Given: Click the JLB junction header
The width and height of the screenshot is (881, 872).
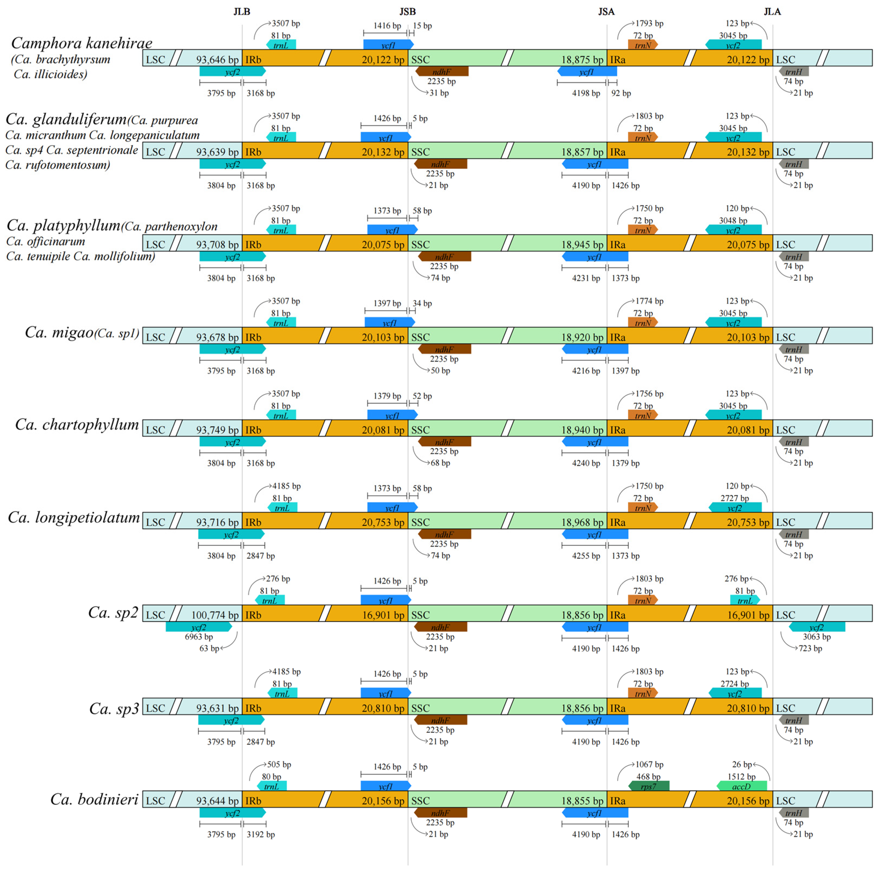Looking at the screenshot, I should (242, 11).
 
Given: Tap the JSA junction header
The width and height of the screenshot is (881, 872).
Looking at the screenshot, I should (606, 11).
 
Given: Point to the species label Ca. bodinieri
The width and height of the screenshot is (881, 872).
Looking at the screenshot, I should (94, 799).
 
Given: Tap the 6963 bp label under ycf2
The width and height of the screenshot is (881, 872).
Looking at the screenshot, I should (199, 637).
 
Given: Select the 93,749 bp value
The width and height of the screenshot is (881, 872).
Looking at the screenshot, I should (217, 430).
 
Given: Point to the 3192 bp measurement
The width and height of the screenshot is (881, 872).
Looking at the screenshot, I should (261, 834).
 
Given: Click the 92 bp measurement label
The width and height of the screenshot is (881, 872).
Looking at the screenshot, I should (621, 93).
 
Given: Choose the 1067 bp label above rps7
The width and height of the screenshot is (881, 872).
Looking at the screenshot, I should (649, 764).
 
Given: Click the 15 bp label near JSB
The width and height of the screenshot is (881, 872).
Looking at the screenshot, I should (422, 26).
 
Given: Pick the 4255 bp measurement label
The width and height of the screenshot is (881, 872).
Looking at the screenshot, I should (586, 556).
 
